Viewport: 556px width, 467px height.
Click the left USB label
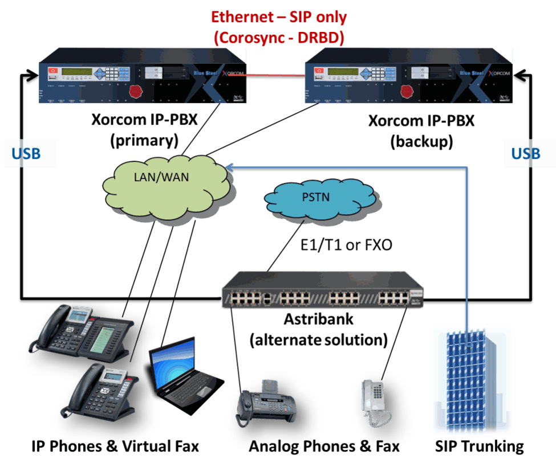coord(26,154)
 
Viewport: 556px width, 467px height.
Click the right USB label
coord(525,154)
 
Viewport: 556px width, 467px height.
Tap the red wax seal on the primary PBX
coord(136,91)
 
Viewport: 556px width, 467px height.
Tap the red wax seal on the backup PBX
coord(407,91)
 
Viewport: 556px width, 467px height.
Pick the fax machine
coord(266,402)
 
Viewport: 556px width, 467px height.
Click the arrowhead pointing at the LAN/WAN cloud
coord(228,167)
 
